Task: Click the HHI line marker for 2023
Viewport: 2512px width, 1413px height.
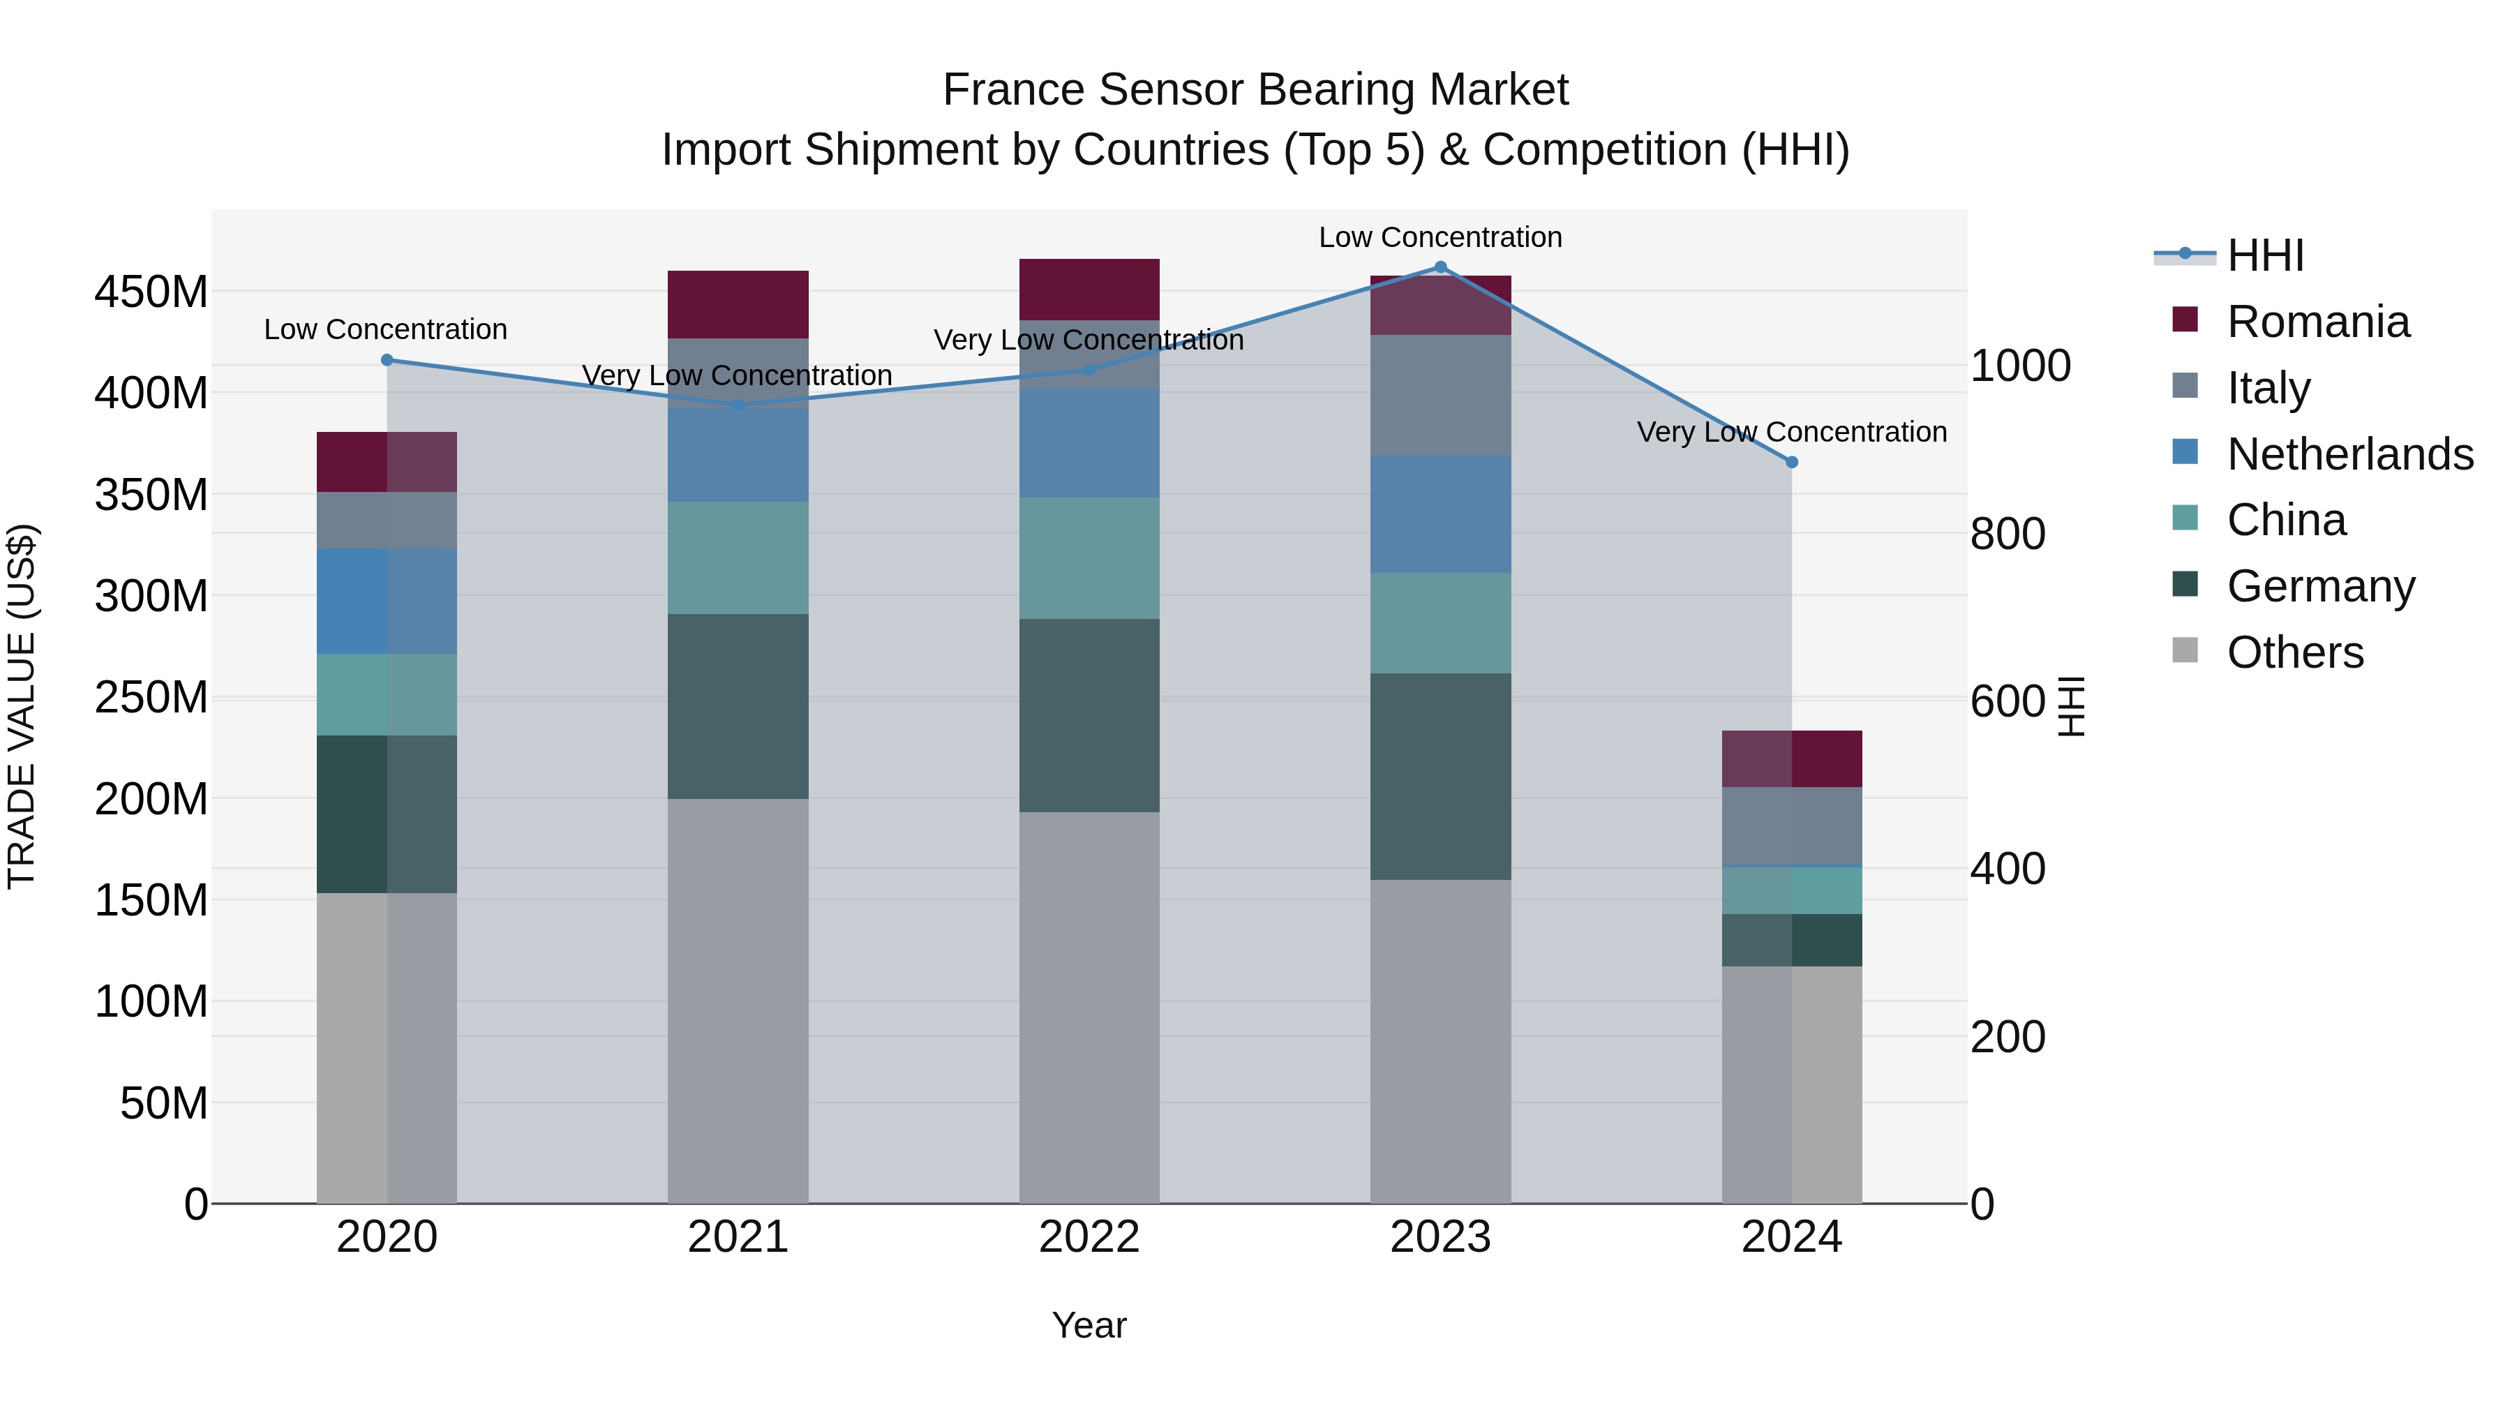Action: [1440, 267]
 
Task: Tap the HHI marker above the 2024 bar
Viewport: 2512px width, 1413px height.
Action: [1791, 462]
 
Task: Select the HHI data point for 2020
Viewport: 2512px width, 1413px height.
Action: [387, 360]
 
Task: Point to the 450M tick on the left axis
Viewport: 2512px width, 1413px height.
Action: [151, 292]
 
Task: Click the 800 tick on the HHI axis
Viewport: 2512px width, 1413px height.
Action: [2007, 533]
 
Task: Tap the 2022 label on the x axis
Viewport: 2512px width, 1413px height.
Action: [1089, 1237]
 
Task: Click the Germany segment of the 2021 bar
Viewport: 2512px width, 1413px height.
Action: [738, 706]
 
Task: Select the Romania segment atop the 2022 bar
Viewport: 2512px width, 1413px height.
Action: [1089, 289]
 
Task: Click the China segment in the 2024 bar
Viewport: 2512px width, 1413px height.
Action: [1791, 890]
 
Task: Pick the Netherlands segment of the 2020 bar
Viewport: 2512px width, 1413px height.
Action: [387, 601]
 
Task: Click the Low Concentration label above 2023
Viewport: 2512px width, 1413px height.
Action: [1440, 237]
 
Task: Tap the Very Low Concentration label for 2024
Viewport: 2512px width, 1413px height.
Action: [1791, 432]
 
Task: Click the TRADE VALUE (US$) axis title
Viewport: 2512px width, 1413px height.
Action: [22, 706]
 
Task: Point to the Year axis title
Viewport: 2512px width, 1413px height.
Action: [1089, 1325]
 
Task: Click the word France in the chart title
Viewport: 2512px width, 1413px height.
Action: [1013, 90]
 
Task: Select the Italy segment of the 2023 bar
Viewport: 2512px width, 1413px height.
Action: [1440, 395]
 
